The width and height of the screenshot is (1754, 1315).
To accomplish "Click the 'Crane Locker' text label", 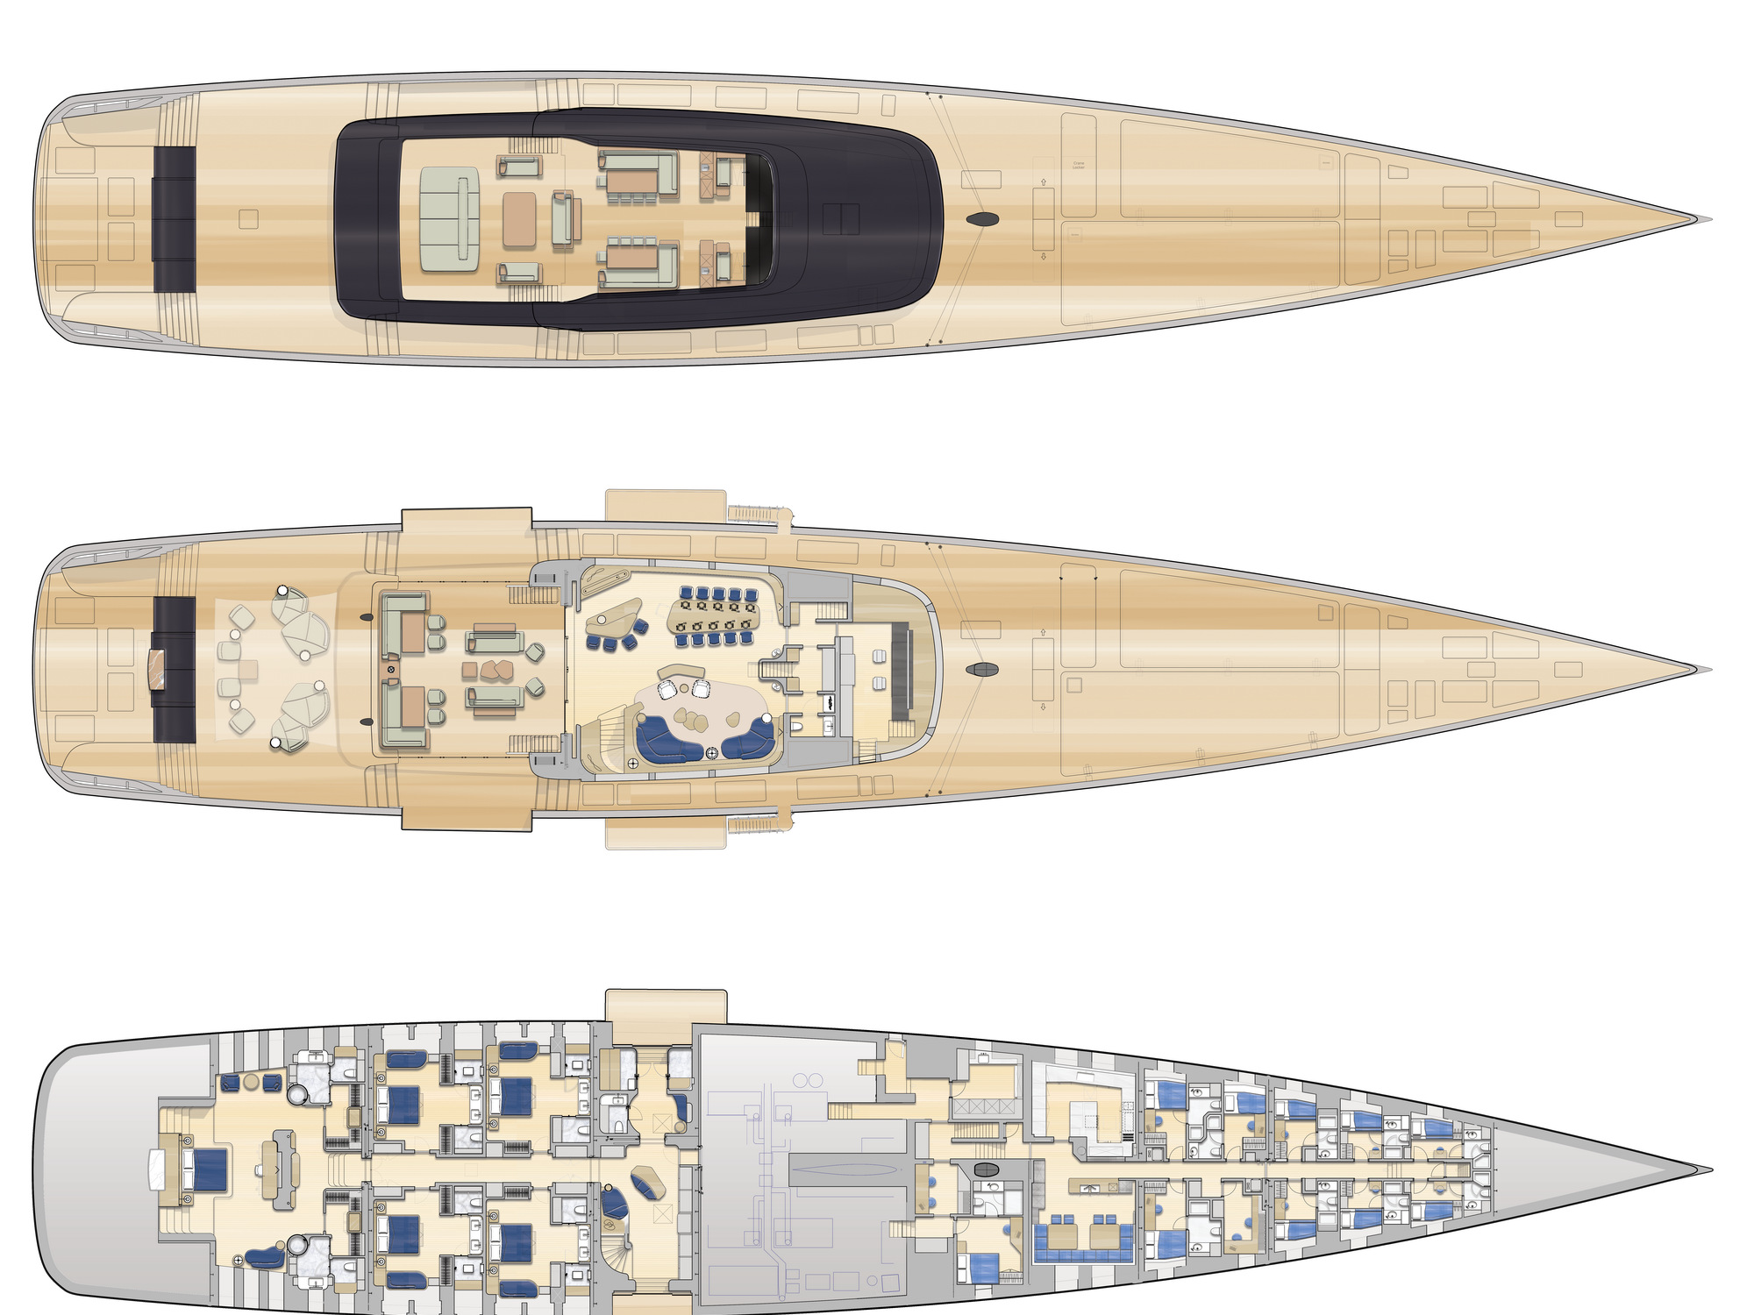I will [x=1079, y=165].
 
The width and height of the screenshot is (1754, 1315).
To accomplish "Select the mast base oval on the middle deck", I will [x=981, y=670].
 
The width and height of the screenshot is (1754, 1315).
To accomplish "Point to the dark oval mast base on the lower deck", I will [x=987, y=1169].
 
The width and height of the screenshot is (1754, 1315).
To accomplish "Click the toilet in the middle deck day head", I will [x=796, y=726].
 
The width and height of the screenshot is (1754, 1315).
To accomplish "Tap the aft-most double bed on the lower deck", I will [x=203, y=1170].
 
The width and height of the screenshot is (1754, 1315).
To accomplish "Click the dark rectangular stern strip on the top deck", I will [x=175, y=219].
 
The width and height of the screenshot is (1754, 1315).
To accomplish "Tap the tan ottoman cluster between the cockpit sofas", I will [x=496, y=670].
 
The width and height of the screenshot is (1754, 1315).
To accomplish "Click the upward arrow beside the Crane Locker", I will [x=1044, y=182].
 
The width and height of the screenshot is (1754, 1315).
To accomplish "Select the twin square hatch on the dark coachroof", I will [x=840, y=215].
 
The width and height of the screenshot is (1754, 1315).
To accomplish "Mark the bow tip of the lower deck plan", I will [x=1710, y=1169].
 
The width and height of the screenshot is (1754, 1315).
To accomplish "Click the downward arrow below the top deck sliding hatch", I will [x=1044, y=257].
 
